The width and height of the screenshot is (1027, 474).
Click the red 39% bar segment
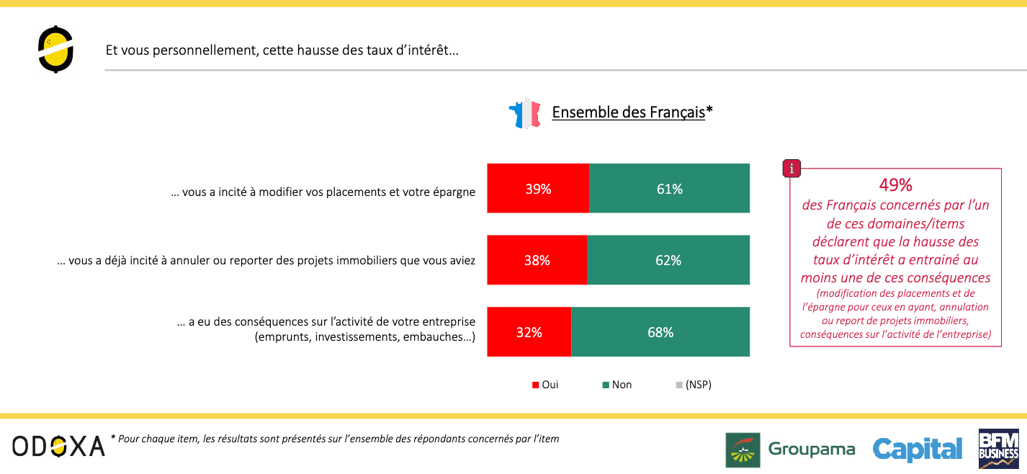pyautogui.click(x=538, y=188)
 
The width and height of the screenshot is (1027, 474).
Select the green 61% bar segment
pyautogui.click(x=669, y=188)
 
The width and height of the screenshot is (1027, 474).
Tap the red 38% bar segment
pyautogui.click(x=537, y=260)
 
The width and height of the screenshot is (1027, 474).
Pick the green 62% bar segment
pyautogui.click(x=668, y=260)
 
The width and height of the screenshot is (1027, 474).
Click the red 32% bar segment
pyautogui.click(x=529, y=332)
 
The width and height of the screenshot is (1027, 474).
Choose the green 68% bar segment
pyautogui.click(x=660, y=332)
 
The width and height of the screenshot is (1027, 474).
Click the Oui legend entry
pyautogui.click(x=545, y=385)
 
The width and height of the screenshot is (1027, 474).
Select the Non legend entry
pyautogui.click(x=617, y=385)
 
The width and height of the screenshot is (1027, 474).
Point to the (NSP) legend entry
pyautogui.click(x=694, y=385)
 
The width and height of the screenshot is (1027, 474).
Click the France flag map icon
pyautogui.click(x=525, y=113)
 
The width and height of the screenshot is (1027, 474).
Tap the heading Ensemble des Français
pyautogui.click(x=632, y=112)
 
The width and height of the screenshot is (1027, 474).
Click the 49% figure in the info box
pyautogui.click(x=895, y=185)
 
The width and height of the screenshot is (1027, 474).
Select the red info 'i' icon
pyautogui.click(x=791, y=169)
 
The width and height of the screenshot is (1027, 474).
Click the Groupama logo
pyautogui.click(x=791, y=450)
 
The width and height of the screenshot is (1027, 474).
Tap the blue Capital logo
pyautogui.click(x=918, y=450)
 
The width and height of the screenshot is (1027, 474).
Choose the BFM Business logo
pyautogui.click(x=999, y=448)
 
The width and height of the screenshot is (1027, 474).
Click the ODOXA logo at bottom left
pyautogui.click(x=58, y=447)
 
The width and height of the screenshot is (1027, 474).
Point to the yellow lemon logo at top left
pyautogui.click(x=55, y=50)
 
